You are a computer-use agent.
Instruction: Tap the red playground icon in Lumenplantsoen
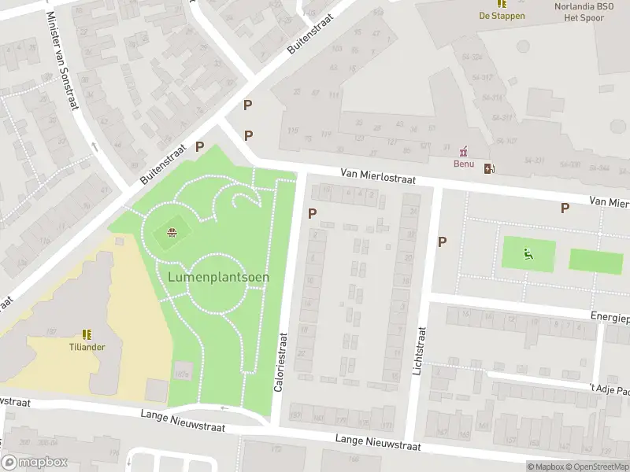pos(172,231)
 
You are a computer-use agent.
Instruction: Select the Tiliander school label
pos(87,346)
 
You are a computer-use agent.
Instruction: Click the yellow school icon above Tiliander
pos(87,334)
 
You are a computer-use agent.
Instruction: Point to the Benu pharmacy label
pos(463,164)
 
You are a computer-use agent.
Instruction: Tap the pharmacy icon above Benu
pos(463,150)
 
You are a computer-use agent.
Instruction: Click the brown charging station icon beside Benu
pos(490,167)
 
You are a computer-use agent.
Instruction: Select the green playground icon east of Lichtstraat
pos(528,253)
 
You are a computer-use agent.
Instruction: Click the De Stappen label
pos(502,16)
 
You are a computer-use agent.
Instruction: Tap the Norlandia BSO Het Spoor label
pos(584,11)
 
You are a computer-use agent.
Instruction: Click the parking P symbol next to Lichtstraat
pos(442,242)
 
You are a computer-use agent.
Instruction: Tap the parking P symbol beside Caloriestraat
pos(313,212)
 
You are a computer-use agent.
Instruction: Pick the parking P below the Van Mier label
pos(564,208)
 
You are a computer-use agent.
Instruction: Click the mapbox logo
pos(35,462)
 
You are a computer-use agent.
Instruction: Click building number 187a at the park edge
pos(183,374)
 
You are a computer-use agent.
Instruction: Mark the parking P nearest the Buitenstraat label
pos(200,146)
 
